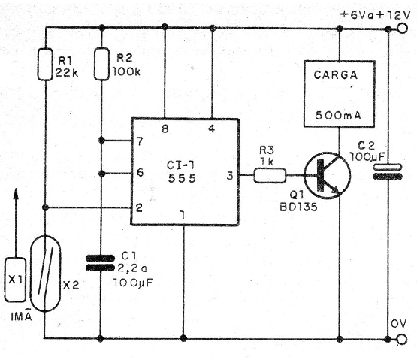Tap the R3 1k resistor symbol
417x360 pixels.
(x=270, y=176)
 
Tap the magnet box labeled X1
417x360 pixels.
(x=17, y=278)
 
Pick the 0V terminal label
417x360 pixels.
(x=397, y=323)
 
